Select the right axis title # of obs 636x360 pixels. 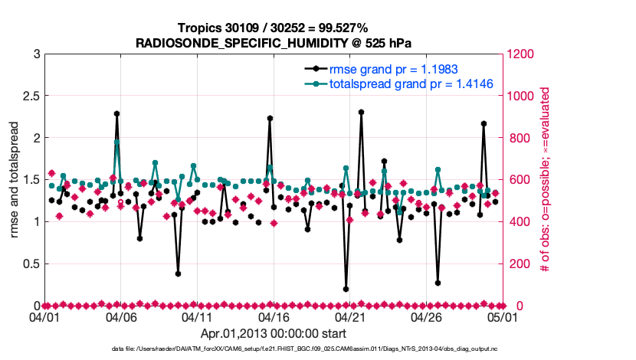(545, 180)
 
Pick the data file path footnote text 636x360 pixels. (317, 349)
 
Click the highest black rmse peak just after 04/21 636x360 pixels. (361, 112)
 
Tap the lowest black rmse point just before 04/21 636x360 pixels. (346, 289)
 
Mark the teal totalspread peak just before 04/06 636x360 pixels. (116, 142)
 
